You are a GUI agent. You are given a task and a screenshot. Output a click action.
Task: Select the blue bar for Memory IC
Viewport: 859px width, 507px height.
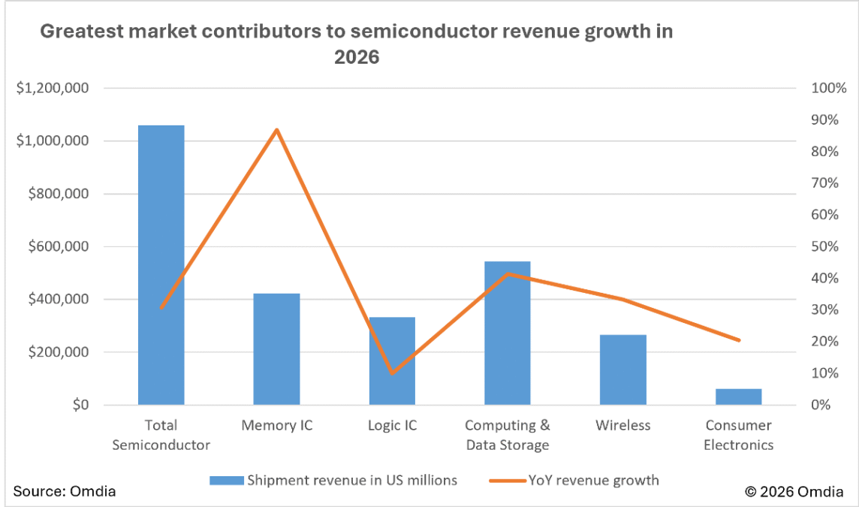276,349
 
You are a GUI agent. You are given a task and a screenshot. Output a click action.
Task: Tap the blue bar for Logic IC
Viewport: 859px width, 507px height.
392,361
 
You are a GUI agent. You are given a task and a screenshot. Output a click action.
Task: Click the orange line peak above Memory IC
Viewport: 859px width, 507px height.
276,130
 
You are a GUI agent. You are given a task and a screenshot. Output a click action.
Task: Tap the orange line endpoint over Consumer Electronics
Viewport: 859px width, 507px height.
739,340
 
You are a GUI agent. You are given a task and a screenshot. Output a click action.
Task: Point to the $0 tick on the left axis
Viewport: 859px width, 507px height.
79,405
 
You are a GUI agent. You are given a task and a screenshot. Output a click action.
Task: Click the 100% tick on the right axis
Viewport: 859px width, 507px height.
829,88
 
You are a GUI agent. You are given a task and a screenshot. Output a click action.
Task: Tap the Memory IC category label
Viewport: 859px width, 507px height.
276,425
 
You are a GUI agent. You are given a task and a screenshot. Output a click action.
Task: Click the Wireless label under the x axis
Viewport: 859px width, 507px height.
623,425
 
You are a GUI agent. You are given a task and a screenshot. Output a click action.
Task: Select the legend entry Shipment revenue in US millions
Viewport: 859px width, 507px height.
334,480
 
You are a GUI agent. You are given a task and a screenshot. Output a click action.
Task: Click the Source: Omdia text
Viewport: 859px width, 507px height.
65,491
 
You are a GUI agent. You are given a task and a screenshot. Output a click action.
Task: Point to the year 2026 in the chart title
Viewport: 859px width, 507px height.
357,57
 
